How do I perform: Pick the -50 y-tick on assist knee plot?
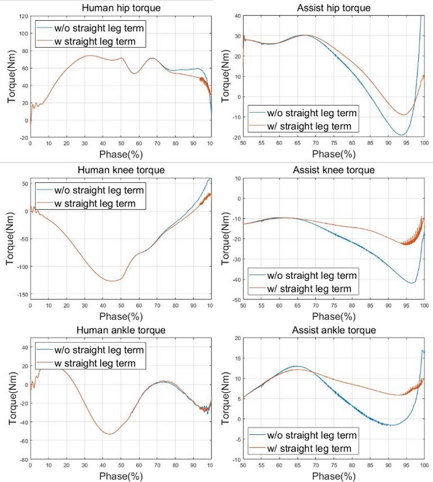pyautogui.click(x=235, y=300)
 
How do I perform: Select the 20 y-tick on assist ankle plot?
pyautogui.click(x=236, y=338)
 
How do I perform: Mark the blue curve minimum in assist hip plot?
pyautogui.click(x=401, y=135)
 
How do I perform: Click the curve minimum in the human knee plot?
pyautogui.click(x=112, y=281)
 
